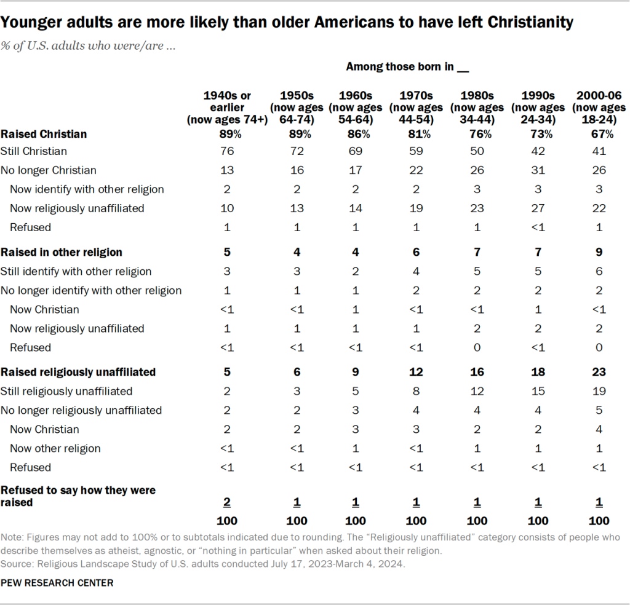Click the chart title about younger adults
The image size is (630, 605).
[x=287, y=23]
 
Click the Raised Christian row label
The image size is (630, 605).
[x=44, y=133]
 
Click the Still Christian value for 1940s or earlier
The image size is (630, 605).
[x=227, y=151]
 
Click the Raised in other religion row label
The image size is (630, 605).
[x=62, y=252]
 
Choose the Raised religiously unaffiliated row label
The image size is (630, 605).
[x=78, y=372]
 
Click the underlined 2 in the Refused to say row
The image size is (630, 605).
[x=227, y=503]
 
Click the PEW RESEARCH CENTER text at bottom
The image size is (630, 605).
[x=57, y=583]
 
